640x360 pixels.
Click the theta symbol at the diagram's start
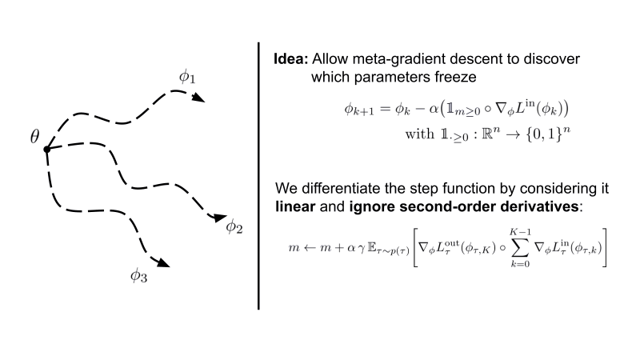[35, 135]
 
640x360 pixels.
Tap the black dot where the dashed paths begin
[47, 150]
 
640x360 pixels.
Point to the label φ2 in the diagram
[234, 226]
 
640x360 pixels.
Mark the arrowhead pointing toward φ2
[218, 216]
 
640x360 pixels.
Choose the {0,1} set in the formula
[521, 133]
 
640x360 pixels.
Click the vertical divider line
[258, 176]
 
